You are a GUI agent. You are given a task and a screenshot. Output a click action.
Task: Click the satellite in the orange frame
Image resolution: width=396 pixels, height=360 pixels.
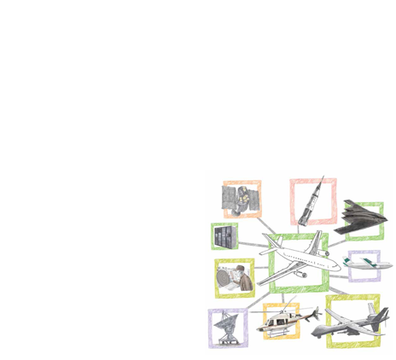[x=241, y=200]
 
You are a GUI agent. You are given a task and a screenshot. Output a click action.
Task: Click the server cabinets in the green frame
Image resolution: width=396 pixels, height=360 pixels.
[x=224, y=236]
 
